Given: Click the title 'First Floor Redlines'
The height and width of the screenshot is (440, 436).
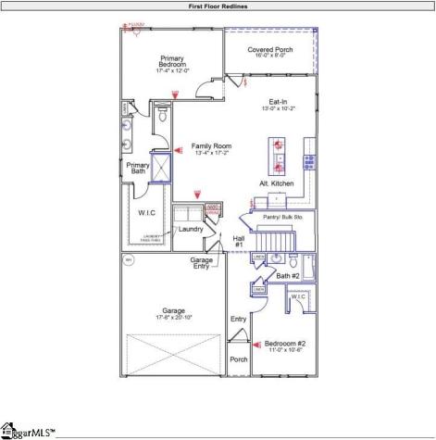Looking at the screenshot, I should click(x=218, y=6).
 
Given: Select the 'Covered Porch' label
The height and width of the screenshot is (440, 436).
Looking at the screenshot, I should click(x=270, y=50).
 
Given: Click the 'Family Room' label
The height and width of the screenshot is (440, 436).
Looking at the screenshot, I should click(x=211, y=145).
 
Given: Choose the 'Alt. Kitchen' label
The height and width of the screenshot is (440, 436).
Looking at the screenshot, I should click(x=277, y=184).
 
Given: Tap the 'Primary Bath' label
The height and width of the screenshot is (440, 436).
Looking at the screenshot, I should click(x=138, y=168).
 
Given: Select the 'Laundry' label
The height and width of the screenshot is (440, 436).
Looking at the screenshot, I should click(x=191, y=229).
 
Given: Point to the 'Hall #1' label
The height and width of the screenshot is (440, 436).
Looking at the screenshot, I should click(x=238, y=241).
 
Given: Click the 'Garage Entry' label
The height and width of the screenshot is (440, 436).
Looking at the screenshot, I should click(x=202, y=264).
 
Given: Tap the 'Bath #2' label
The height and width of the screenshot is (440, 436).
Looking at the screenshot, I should click(x=288, y=276).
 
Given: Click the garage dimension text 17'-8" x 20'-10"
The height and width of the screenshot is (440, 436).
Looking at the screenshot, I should click(x=174, y=318).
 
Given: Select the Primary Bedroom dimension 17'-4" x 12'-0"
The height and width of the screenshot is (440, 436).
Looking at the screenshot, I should click(x=173, y=71).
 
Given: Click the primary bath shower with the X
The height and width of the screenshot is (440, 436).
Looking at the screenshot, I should click(x=162, y=168).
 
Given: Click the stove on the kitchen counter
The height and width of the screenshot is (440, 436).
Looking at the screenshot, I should click(x=309, y=160).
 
